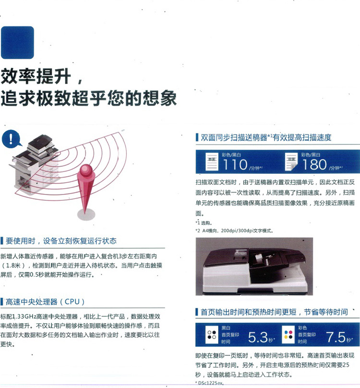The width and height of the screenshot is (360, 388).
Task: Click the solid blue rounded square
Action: pos(17,43)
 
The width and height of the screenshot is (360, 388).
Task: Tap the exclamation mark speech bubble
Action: pos(11,139)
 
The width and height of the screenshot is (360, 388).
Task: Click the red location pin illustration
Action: pos(85,189)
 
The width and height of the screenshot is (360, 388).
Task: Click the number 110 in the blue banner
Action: pos(235,165)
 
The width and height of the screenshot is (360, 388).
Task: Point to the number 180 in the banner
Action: pos(314,165)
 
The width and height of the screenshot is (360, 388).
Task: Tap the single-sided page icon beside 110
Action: pos(212,161)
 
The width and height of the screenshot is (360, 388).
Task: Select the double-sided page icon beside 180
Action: pos(291,161)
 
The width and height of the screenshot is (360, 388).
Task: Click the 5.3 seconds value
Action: pos(258,337)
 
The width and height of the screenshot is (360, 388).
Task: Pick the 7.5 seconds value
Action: pos(336,337)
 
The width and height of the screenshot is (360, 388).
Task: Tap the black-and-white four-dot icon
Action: pos(212,335)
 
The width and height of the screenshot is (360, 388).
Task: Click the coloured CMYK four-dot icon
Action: pos(288,335)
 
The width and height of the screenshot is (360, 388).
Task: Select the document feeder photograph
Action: pos(254,267)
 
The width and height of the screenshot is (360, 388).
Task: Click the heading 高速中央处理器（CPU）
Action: pos(45,302)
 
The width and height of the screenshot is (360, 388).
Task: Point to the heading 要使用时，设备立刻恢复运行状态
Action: pos(61,241)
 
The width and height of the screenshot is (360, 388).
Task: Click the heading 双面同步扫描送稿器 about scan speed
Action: pos(266,137)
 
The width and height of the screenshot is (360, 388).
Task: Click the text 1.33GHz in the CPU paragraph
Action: pos(24,316)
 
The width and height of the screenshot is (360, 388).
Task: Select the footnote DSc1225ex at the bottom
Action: pos(210,383)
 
